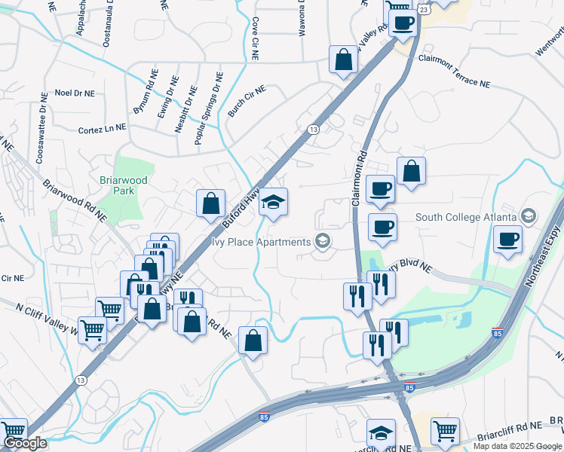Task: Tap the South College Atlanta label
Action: pos(466,217)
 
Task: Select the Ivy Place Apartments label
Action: pos(262,242)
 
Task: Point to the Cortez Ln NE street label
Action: pos(102,130)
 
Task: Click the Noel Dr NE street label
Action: pos(75,93)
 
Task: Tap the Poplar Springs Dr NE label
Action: pos(208,102)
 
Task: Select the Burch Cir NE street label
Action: pos(247,101)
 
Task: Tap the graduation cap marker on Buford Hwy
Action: pos(273,203)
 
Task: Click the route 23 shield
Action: pos(424,10)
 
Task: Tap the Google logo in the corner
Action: pos(25,443)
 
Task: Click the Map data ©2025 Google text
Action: pos(518,446)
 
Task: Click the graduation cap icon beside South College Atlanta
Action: pos(529,217)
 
